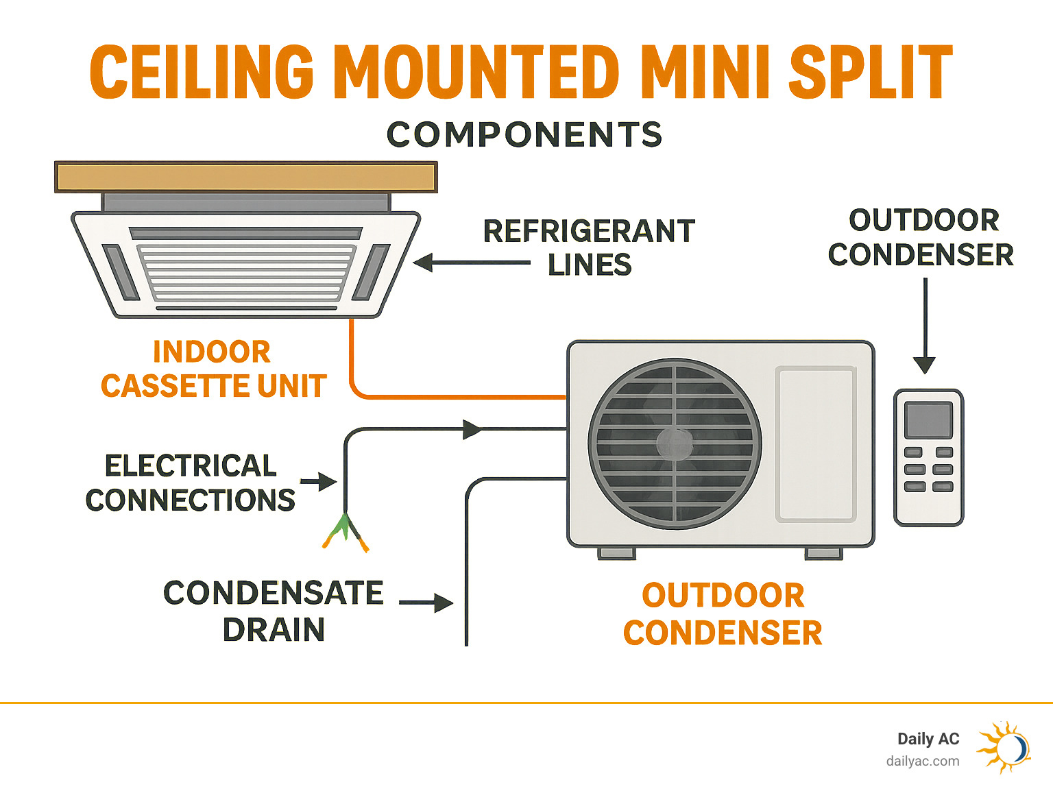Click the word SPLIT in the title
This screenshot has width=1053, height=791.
pyautogui.click(x=871, y=72)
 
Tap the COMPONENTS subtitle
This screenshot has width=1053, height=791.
pyautogui.click(x=524, y=134)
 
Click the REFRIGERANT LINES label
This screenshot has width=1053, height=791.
pyautogui.click(x=590, y=247)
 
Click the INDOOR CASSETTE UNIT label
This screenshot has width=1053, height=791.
pyautogui.click(x=213, y=369)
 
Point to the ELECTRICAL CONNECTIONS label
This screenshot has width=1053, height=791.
pyautogui.click(x=191, y=483)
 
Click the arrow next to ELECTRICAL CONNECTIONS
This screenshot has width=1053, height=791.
pyautogui.click(x=319, y=482)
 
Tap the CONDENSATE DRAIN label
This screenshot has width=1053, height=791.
pyautogui.click(x=273, y=611)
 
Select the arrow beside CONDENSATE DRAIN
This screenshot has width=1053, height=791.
pyautogui.click(x=426, y=603)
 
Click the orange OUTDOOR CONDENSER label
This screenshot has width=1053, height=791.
pyautogui.click(x=723, y=614)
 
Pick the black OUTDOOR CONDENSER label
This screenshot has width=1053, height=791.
pyautogui.click(x=921, y=238)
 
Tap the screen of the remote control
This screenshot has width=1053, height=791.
pyautogui.click(x=928, y=419)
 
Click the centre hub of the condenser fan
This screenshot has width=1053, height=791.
pyautogui.click(x=675, y=443)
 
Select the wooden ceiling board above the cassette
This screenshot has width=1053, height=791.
pyautogui.click(x=245, y=177)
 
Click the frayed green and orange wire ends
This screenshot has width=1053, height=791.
pyautogui.click(x=345, y=532)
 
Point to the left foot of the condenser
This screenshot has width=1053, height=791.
pyautogui.click(x=616, y=553)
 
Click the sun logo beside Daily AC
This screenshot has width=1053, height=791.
pyautogui.click(x=1004, y=746)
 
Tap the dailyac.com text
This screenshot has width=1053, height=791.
pyautogui.click(x=923, y=761)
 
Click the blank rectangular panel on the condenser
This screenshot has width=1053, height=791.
pyautogui.click(x=816, y=444)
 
